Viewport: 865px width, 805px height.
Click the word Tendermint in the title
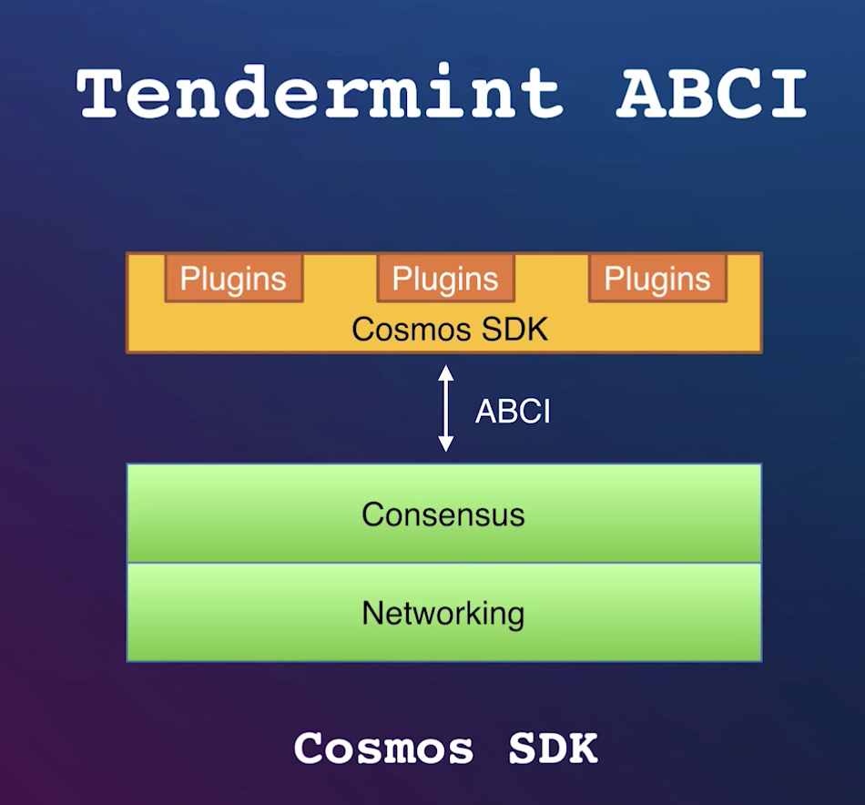pyautogui.click(x=320, y=93)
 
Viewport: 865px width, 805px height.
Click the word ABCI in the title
pyautogui.click(x=711, y=93)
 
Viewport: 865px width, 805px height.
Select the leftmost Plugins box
pyautogui.click(x=233, y=279)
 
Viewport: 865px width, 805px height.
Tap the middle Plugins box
pyautogui.click(x=445, y=279)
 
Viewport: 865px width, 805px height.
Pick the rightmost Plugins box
pyautogui.click(x=657, y=279)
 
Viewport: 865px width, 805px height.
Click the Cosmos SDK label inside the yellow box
pyautogui.click(x=450, y=328)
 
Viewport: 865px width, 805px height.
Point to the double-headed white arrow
pyautogui.click(x=445, y=409)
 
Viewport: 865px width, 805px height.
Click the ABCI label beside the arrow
pyautogui.click(x=513, y=412)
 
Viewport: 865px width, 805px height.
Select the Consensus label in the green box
pyautogui.click(x=443, y=515)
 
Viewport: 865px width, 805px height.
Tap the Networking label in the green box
pyautogui.click(x=443, y=613)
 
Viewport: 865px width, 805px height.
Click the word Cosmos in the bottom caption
pyautogui.click(x=383, y=749)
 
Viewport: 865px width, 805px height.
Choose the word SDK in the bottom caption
pyautogui.click(x=553, y=749)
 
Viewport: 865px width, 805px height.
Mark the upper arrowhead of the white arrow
pyautogui.click(x=445, y=372)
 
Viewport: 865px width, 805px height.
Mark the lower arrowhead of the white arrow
pyautogui.click(x=445, y=445)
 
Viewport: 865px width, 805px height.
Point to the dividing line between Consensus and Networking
pyautogui.click(x=443, y=563)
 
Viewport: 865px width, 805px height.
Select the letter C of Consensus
pyautogui.click(x=371, y=515)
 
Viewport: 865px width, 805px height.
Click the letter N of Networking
pyautogui.click(x=371, y=613)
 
